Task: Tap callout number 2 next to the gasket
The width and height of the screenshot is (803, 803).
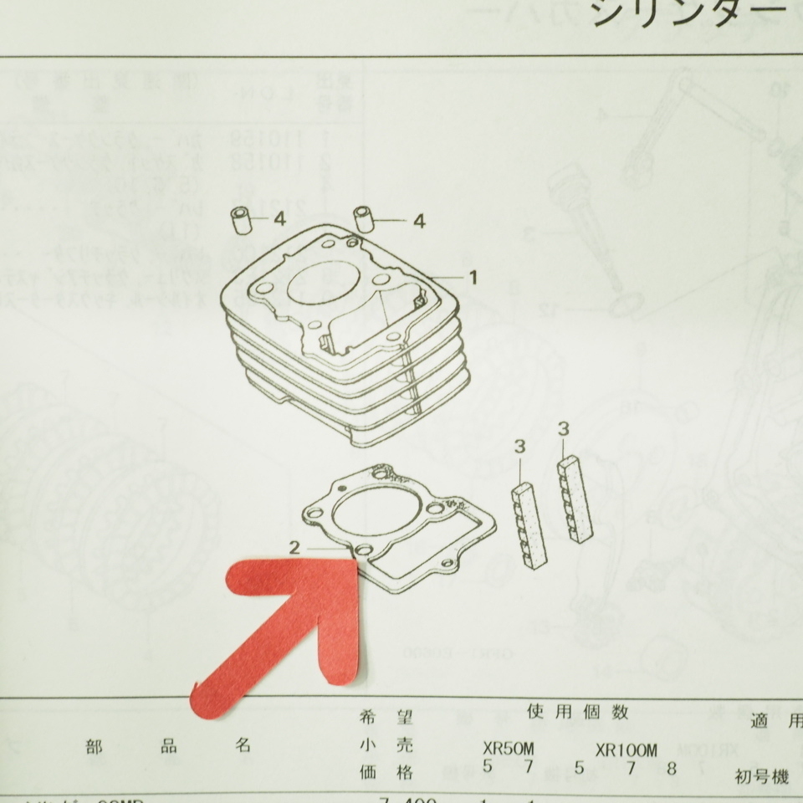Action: coord(294,548)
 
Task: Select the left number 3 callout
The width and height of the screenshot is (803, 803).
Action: coord(519,448)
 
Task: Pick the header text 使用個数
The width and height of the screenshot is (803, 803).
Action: coord(577,713)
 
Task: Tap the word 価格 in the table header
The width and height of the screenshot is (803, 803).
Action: coord(384,772)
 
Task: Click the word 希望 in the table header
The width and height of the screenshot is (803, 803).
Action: coord(384,717)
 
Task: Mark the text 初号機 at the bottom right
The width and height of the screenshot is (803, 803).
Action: coord(761,777)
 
